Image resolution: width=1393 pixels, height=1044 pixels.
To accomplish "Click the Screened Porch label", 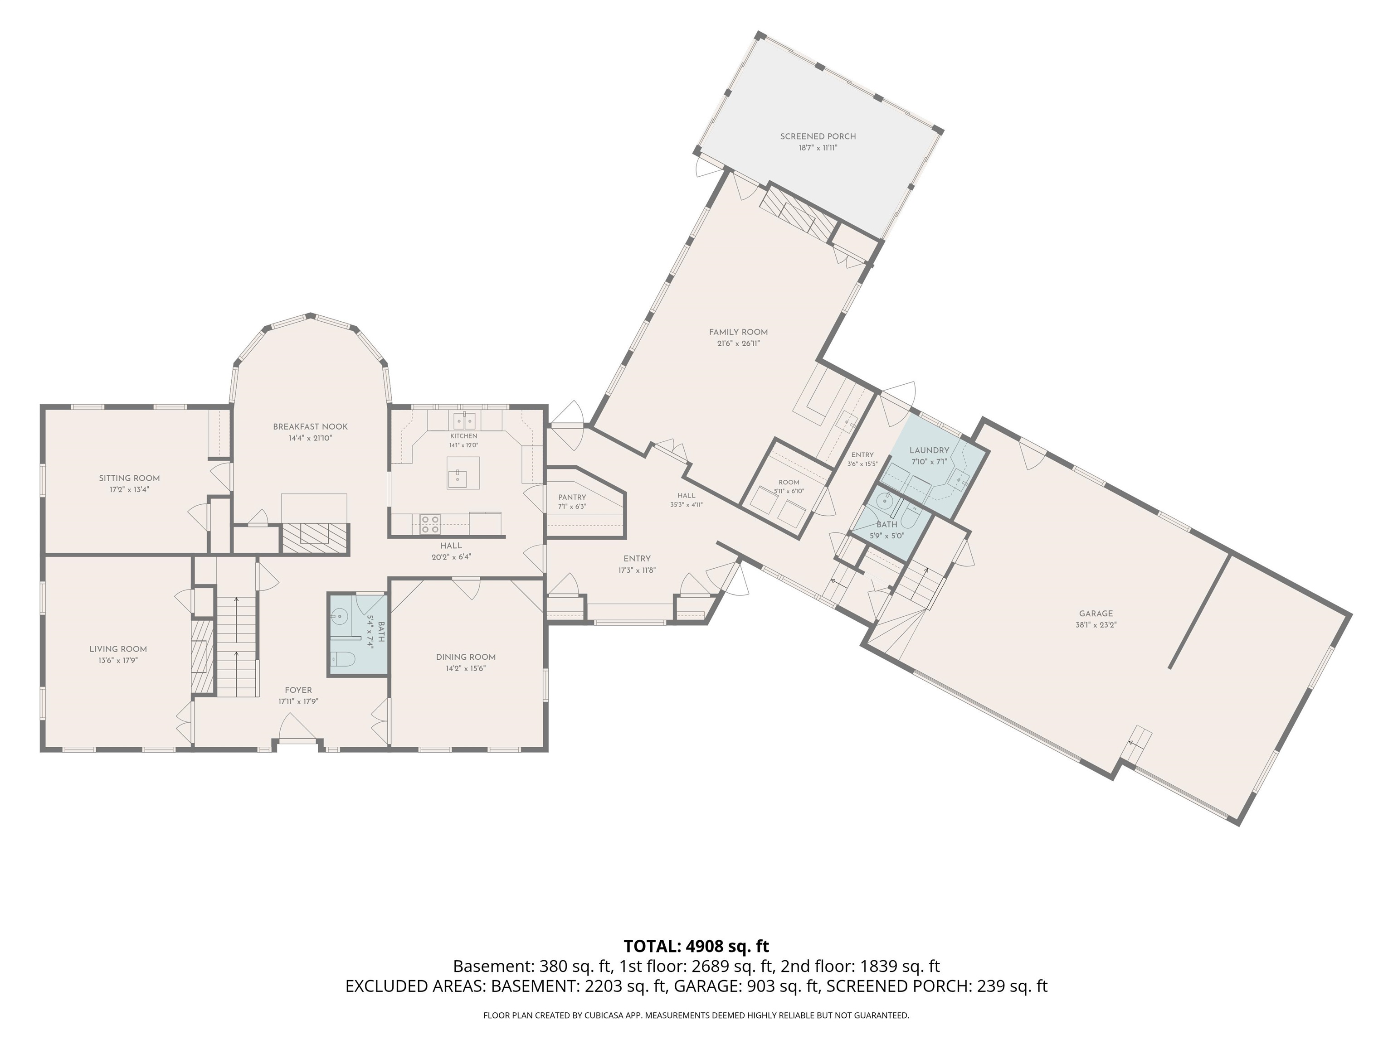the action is (818, 136).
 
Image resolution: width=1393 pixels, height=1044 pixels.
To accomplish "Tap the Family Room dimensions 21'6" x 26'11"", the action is (738, 343).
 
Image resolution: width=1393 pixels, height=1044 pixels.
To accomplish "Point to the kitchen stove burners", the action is (430, 525).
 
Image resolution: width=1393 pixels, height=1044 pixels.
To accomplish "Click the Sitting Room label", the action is (129, 478).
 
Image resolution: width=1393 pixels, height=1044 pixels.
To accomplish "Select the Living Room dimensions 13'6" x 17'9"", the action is (118, 661).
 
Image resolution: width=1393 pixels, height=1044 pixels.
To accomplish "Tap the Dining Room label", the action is (466, 657).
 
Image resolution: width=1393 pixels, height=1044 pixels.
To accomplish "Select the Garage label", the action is (1096, 614).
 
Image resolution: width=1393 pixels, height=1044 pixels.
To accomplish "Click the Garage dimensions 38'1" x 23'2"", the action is (1096, 625).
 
